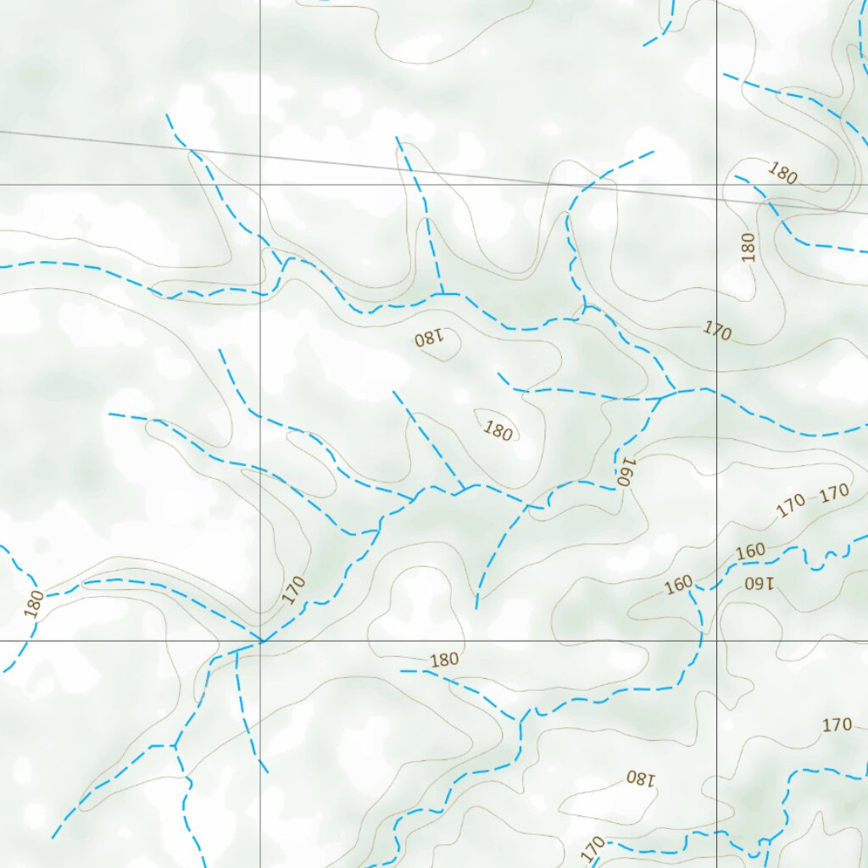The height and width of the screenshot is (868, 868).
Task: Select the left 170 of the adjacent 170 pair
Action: (791, 506)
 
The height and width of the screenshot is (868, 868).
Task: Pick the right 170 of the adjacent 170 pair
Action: (835, 492)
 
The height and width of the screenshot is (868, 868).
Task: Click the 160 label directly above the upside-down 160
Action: (750, 552)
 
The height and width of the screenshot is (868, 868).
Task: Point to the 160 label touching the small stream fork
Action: (678, 585)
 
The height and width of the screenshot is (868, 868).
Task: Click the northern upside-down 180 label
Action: (429, 339)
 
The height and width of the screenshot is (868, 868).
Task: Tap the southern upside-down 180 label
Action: (641, 777)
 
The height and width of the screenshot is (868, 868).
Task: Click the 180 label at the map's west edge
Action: (34, 604)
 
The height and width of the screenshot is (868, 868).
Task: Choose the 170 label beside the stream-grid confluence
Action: (293, 590)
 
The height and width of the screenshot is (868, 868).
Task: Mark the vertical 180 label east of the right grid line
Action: (747, 247)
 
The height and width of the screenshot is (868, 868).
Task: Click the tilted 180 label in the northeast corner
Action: (782, 173)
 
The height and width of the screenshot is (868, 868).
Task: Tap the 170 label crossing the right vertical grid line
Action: (717, 331)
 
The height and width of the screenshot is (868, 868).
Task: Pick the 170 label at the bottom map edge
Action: (594, 847)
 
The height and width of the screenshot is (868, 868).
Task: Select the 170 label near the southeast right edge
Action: (837, 725)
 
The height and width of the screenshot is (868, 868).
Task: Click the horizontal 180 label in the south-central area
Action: (444, 659)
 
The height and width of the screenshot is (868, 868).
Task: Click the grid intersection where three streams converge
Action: (260, 641)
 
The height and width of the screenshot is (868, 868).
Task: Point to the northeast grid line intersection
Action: (717, 184)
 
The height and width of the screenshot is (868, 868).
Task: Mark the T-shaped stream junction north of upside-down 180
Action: (442, 293)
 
